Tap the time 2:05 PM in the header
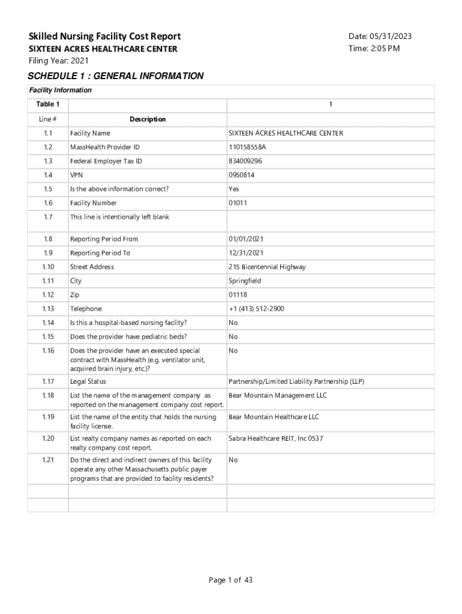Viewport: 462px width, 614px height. click(x=374, y=49)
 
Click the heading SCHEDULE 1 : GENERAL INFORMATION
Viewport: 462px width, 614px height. click(x=116, y=76)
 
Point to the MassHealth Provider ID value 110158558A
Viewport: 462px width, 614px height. click(x=247, y=148)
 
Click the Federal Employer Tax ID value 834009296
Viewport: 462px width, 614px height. click(x=245, y=161)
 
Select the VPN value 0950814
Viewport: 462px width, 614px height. click(x=242, y=175)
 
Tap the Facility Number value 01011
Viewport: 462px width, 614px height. click(x=238, y=203)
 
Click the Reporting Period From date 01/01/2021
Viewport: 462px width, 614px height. click(x=246, y=239)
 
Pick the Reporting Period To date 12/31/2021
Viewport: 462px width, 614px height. click(x=246, y=253)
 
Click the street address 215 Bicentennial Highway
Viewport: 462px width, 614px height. click(x=267, y=267)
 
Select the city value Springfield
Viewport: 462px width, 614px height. click(x=245, y=281)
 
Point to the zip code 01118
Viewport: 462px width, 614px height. click(x=238, y=295)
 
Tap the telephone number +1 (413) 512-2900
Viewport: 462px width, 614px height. click(x=256, y=309)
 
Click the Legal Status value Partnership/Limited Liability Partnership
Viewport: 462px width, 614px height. click(x=296, y=381)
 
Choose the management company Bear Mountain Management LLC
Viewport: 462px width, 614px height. click(x=278, y=396)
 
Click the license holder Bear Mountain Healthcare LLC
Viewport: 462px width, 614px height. click(x=274, y=417)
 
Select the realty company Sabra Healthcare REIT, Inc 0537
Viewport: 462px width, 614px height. click(x=276, y=438)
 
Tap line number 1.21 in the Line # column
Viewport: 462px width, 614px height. click(x=48, y=460)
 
